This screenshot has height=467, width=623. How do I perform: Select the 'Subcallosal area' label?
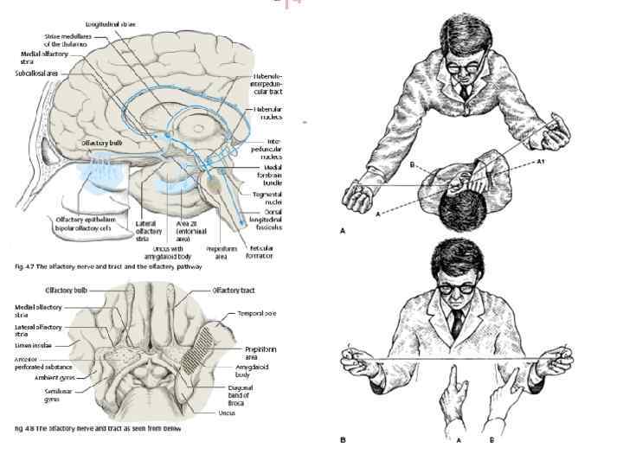click(x=37, y=74)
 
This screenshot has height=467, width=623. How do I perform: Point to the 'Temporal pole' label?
click(x=255, y=314)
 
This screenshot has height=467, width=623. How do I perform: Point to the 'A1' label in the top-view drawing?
click(x=541, y=161)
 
